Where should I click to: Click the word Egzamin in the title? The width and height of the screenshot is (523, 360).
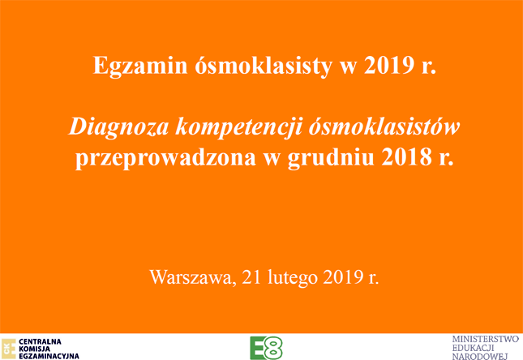[x=139, y=66]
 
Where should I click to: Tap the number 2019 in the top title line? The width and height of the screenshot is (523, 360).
[x=389, y=66]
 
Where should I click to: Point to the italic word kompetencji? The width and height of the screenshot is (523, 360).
[x=239, y=128]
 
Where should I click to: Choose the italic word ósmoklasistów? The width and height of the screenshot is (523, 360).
[x=384, y=126]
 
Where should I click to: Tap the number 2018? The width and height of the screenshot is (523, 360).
[x=407, y=157]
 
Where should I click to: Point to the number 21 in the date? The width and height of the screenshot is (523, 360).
[x=251, y=276]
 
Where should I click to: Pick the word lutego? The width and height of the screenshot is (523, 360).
[x=292, y=277]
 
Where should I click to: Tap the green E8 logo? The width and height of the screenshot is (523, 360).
[x=266, y=348]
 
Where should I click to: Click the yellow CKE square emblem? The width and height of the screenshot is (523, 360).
[x=8, y=349]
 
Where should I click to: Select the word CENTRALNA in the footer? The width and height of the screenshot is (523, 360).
[x=40, y=342]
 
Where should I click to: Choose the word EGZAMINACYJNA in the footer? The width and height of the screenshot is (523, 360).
[x=49, y=356]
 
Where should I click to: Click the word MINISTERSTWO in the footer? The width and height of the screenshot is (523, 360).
[x=486, y=340]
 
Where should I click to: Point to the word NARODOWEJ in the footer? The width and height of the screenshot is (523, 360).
[x=480, y=356]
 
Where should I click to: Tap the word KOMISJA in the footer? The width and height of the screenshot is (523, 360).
[x=34, y=349]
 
